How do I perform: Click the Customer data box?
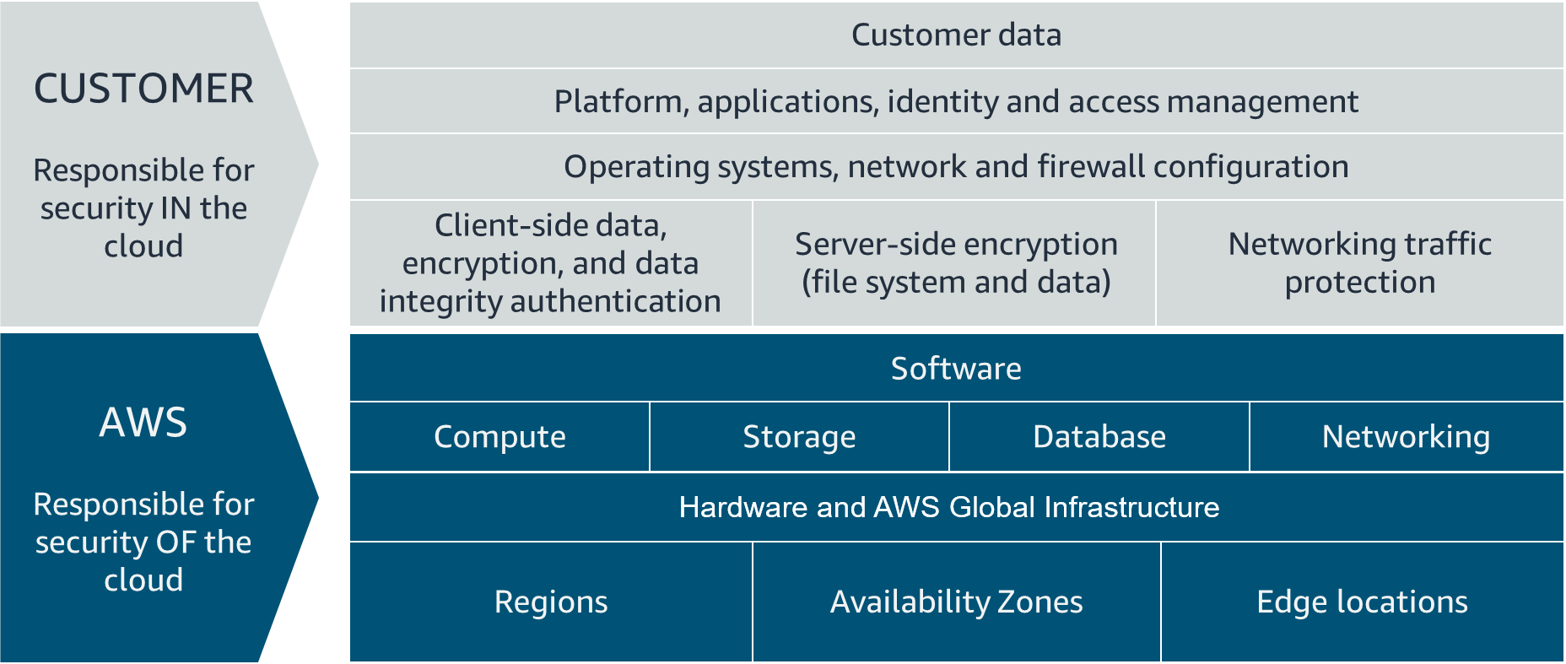click(956, 35)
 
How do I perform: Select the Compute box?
click(499, 437)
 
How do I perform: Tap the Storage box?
click(799, 437)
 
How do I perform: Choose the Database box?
click(1099, 437)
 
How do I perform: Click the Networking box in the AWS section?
click(1406, 437)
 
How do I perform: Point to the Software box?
click(956, 369)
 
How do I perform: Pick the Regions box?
click(551, 602)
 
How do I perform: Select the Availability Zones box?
click(956, 602)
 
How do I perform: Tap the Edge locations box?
click(1362, 602)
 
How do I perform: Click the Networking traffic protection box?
click(1360, 262)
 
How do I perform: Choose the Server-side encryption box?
click(956, 262)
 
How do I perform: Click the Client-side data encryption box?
click(550, 262)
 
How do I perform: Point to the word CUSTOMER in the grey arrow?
click(143, 89)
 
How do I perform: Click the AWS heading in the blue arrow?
click(143, 422)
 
